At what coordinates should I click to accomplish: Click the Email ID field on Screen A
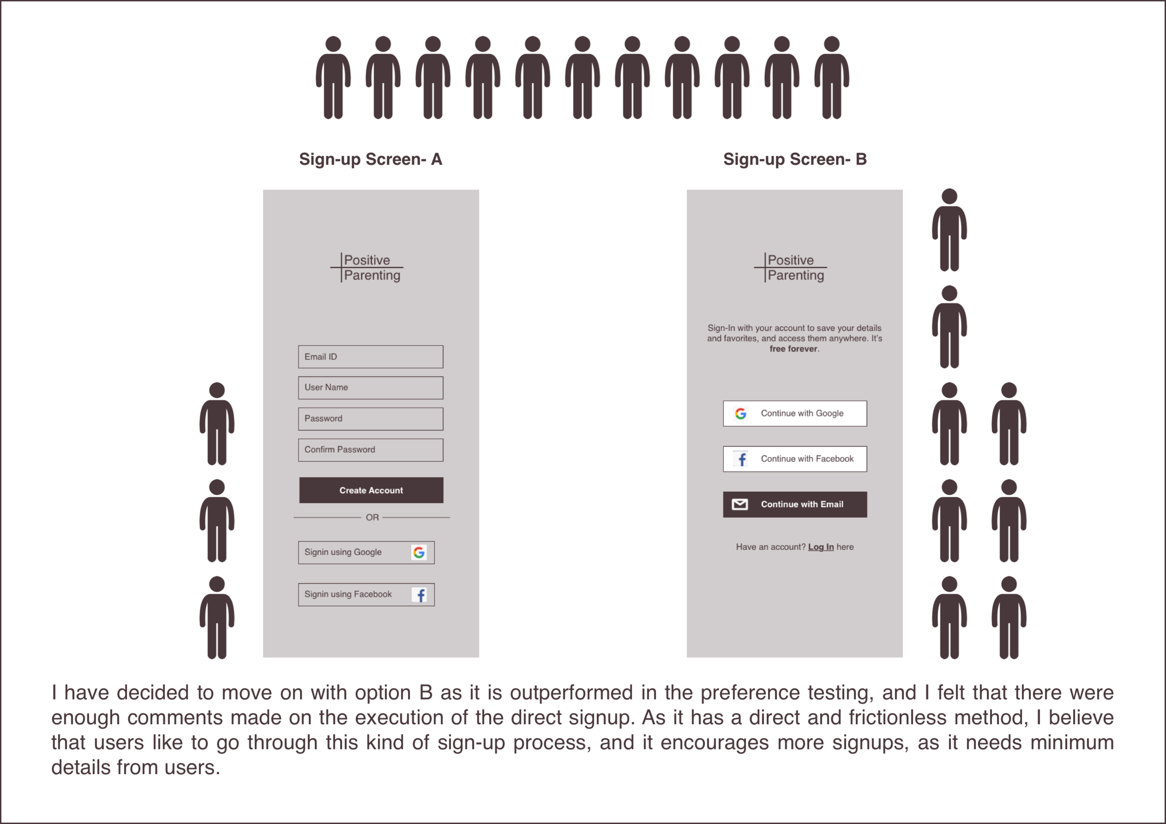(370, 357)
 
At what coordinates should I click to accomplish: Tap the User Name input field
(370, 388)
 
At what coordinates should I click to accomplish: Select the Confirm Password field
(370, 450)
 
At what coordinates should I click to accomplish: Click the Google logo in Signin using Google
(419, 553)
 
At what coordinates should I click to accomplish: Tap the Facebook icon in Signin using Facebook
(420, 595)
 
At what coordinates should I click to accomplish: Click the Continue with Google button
(795, 414)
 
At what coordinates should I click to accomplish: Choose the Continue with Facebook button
(795, 459)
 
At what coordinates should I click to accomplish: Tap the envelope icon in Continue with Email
(740, 504)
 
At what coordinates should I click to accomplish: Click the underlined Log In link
(821, 547)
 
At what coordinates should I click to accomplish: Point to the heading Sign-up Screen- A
(370, 159)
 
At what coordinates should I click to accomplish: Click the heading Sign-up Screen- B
(795, 159)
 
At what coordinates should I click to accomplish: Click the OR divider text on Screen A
(372, 517)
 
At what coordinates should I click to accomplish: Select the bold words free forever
(793, 349)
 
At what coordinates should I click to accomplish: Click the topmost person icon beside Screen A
(217, 424)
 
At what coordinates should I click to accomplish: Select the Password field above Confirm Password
(370, 419)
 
